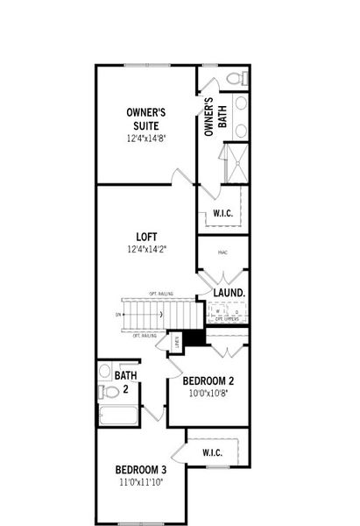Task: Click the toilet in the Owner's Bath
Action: point(235,79)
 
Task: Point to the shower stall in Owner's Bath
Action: point(233,164)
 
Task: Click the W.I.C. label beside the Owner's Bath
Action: point(222,214)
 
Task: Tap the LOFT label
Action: point(145,236)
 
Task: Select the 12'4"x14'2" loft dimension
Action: point(145,249)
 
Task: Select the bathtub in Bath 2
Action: point(117,415)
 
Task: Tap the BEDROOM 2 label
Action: point(208,380)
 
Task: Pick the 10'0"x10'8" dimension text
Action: point(208,394)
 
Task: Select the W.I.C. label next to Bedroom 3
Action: point(211,452)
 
